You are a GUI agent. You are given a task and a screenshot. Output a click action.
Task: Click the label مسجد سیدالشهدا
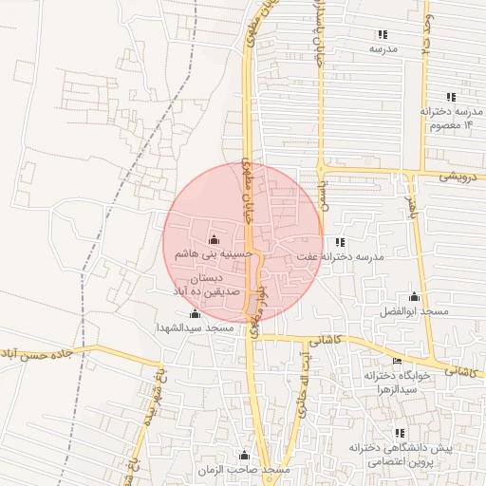pos(196,327)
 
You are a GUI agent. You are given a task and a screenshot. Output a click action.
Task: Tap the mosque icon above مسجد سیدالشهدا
pos(196,314)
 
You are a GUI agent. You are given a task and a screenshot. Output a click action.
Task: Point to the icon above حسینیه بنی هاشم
pos(212,240)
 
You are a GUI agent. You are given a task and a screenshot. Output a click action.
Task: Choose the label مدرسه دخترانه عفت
pos(338,257)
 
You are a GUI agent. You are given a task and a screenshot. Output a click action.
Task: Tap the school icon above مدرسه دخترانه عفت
pos(340,243)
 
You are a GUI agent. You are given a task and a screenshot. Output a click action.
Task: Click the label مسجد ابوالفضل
pos(413,312)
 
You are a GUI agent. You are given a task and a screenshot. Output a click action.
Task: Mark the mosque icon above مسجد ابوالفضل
pos(413,298)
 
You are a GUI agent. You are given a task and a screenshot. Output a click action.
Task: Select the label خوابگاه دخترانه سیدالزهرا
pos(398,383)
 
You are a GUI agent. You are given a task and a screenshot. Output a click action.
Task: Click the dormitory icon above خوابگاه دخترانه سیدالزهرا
pos(397,362)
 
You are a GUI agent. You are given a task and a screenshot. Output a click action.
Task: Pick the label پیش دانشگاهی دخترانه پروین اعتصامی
pos(400,454)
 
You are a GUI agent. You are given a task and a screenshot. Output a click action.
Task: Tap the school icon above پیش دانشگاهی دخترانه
pos(400,433)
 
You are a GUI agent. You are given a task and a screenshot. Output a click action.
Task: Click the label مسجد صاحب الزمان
pos(244,471)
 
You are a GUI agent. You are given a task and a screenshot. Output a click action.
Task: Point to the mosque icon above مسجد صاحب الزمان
pos(244,456)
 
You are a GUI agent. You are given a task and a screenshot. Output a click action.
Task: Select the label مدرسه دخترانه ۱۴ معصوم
pos(451,118)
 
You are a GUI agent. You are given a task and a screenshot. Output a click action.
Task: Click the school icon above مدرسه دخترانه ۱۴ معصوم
pos(451,97)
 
